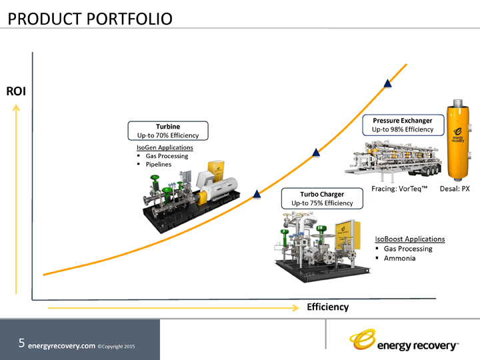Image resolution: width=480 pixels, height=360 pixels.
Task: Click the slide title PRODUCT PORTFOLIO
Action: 89,18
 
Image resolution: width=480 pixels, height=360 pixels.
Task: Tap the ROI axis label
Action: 15,91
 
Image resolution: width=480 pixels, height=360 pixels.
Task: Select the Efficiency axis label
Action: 327,307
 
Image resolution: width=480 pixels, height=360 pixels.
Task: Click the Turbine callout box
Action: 168,131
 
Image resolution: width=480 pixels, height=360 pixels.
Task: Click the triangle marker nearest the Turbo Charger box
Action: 255,195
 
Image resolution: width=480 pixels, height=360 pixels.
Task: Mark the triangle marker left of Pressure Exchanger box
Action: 317,153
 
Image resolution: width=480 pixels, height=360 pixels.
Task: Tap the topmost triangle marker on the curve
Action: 388,83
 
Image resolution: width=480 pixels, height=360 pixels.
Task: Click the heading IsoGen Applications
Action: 165,147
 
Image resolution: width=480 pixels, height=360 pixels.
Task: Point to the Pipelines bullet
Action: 158,164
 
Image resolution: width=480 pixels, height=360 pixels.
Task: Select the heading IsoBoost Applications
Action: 409,239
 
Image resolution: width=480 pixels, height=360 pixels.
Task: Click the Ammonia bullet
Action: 399,258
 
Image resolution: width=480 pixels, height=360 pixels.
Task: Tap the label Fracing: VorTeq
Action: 399,189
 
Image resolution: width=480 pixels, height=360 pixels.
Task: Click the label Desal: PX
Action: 455,189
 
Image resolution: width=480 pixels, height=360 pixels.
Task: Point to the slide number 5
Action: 22,344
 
